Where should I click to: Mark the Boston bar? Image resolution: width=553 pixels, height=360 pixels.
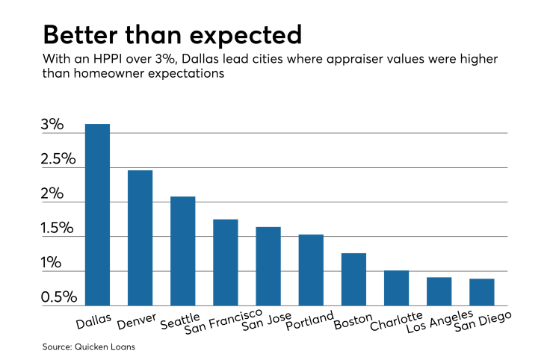coord(353,279)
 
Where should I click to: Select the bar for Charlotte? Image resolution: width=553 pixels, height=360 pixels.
coord(396,288)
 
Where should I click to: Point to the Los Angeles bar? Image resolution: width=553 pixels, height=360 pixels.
coord(439,291)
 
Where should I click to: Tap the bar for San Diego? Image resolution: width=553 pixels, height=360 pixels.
coord(481,292)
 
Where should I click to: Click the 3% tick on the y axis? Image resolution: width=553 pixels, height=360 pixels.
coord(52,125)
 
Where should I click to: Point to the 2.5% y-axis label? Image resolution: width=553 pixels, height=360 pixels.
coord(58,159)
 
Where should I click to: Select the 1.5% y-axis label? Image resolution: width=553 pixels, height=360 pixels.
coord(58,229)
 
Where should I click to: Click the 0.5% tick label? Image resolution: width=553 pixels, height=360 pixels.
coord(58,297)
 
